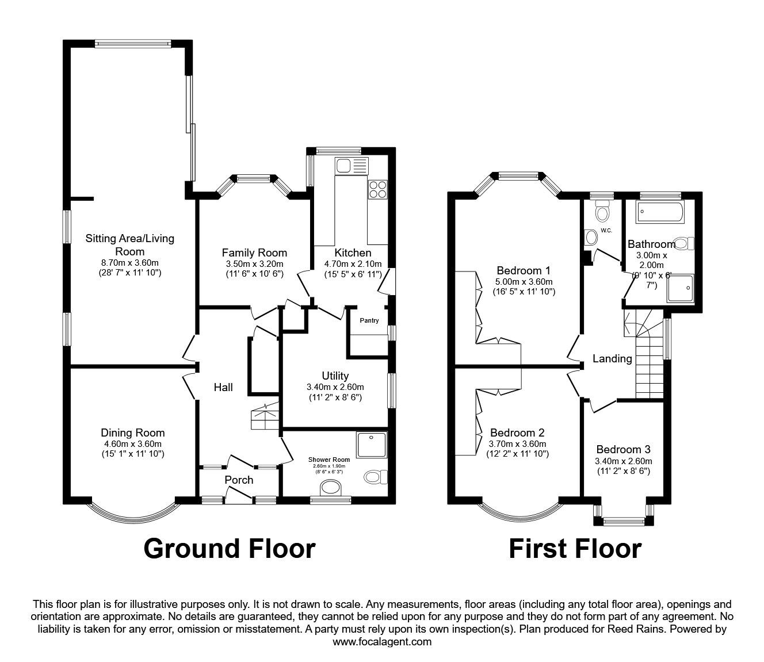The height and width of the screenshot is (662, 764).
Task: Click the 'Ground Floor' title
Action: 229,549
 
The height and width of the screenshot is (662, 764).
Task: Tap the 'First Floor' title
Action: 575,549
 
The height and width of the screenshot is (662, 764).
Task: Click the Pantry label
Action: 369,320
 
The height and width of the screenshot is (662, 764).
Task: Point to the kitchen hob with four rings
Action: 378,189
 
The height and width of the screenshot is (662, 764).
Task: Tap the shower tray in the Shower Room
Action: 371,446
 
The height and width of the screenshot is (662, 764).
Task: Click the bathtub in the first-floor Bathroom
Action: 659,214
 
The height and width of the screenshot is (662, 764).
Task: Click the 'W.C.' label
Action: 606,231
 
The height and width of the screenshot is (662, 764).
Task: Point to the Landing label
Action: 612,359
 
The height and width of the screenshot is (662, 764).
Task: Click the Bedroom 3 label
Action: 623,449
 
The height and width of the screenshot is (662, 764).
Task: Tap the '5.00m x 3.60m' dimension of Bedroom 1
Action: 524,282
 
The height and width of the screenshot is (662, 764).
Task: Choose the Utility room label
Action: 335,376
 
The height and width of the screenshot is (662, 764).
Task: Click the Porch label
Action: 239,480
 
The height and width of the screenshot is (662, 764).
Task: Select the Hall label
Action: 223,388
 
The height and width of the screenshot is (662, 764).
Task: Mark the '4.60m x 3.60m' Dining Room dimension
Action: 132,444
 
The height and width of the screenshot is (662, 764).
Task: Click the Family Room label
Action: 254,252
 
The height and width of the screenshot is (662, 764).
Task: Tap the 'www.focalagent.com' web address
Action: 382,642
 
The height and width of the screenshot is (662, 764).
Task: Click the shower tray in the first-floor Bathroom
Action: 681,288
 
